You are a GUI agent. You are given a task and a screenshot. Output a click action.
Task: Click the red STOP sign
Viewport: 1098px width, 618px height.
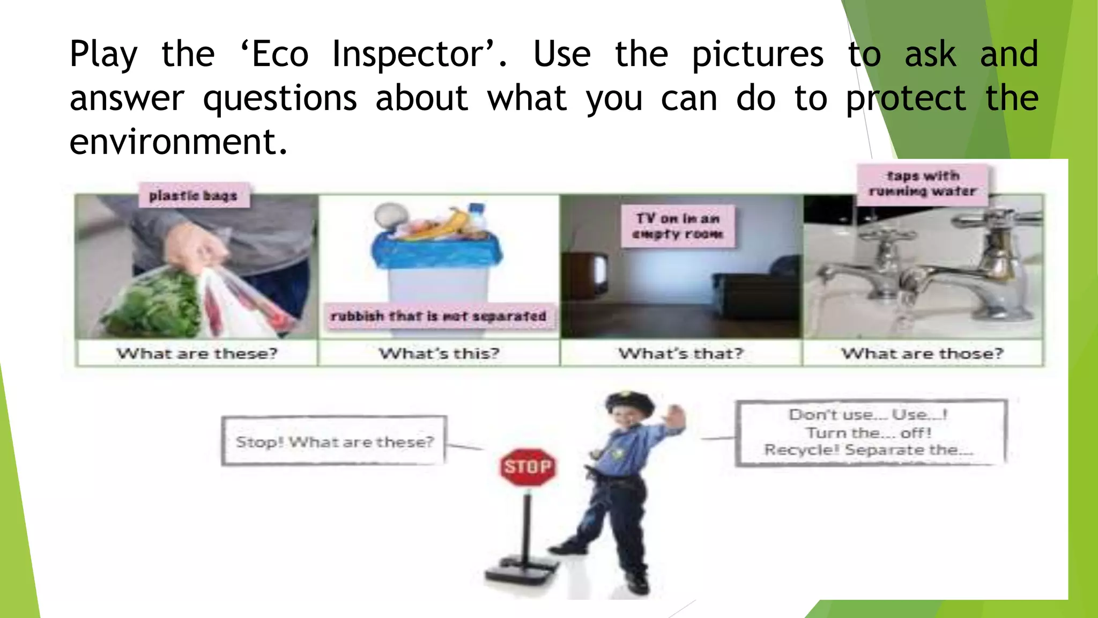point(528,467)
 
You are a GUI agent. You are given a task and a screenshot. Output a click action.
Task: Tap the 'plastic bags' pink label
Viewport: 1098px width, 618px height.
point(193,196)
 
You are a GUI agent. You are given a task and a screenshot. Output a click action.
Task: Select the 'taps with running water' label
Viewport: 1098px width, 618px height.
point(922,183)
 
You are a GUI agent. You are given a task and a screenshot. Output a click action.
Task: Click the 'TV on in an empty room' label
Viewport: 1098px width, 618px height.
point(678,226)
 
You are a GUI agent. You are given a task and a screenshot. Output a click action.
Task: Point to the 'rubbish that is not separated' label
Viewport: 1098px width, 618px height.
point(439,316)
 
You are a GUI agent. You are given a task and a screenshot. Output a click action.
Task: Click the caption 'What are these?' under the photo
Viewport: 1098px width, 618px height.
point(197,354)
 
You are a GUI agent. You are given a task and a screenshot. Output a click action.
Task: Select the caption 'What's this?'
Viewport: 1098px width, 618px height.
point(439,354)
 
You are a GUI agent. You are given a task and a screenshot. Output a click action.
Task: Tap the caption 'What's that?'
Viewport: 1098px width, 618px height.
point(681,354)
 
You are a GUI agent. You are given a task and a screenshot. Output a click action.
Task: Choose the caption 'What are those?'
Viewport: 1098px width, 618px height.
point(922,354)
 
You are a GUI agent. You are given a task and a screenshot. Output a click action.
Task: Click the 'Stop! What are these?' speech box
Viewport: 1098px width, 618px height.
point(334,442)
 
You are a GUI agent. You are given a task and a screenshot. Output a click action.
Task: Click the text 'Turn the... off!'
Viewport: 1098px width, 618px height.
point(869,432)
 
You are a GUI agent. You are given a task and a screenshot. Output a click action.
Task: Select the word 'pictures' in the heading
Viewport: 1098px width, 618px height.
point(758,54)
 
